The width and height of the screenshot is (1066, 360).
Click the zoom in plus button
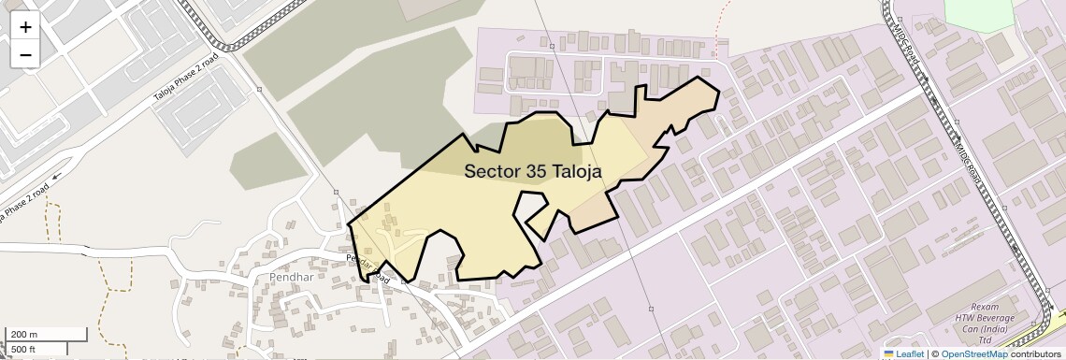25,26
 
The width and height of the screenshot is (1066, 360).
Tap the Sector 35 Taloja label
532,171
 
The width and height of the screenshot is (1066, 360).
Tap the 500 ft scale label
22,349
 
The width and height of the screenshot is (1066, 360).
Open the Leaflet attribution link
909,354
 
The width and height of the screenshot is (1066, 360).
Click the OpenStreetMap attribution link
973,354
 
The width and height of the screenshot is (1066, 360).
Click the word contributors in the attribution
1035,354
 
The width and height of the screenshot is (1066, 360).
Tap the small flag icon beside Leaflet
888,354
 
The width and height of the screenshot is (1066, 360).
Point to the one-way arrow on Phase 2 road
56,175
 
